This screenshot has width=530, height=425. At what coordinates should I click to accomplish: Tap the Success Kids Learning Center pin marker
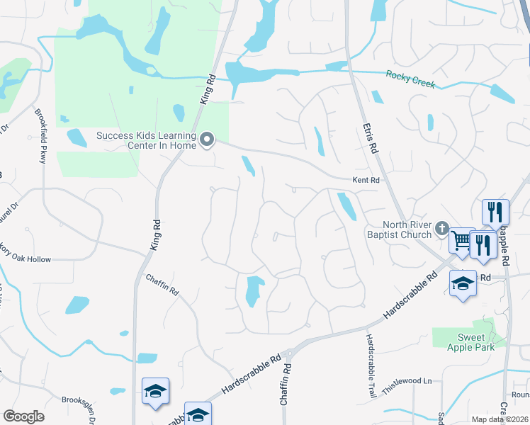207,140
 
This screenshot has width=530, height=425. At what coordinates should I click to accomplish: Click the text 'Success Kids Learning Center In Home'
146,141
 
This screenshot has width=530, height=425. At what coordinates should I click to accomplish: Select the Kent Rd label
366,181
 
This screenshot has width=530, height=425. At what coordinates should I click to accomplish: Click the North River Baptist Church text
399,229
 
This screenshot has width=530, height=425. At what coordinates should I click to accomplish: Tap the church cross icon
443,228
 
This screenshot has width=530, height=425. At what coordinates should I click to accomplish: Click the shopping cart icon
462,241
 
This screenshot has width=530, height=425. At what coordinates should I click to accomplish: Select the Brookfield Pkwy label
40,135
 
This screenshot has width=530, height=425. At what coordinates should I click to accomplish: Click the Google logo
24,416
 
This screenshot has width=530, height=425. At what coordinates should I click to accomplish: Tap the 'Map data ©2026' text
500,419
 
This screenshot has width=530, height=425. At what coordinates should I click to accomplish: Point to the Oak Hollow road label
25,259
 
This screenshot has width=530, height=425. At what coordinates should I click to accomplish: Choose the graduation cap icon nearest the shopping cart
463,283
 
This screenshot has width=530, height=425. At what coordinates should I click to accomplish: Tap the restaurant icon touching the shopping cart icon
484,244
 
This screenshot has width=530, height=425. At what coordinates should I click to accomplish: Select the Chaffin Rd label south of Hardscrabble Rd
287,387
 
